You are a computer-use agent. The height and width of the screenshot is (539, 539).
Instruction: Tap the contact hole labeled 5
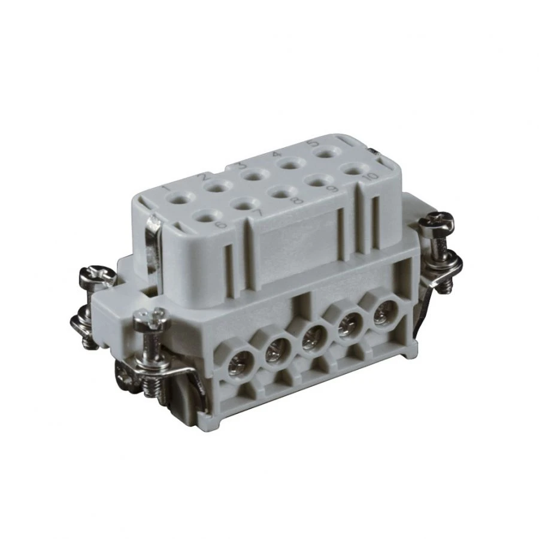tap(326, 154)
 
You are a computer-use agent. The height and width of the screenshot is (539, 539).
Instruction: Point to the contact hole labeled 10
tap(355, 169)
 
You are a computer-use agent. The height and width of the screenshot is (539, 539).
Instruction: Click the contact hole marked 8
tap(279, 193)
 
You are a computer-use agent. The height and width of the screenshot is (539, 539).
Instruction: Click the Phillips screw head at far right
tap(436, 225)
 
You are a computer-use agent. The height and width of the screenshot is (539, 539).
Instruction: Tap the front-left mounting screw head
tap(152, 321)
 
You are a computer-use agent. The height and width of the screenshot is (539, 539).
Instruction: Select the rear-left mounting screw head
tap(98, 276)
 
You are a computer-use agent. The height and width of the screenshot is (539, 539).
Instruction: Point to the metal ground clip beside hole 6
tap(154, 240)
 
